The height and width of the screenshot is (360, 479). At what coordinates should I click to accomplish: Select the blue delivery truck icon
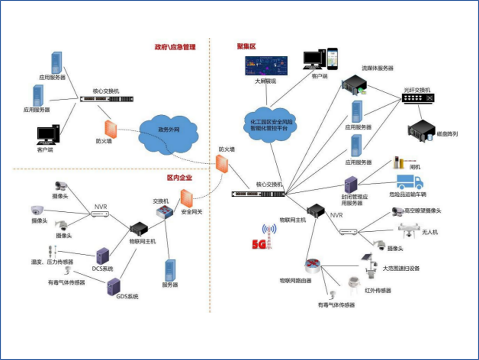409,182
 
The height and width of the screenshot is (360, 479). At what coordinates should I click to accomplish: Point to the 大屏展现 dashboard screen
267,66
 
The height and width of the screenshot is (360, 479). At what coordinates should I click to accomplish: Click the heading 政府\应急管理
175,47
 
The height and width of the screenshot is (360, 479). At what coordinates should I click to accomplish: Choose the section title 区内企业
180,178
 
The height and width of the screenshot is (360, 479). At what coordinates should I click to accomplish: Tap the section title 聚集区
247,46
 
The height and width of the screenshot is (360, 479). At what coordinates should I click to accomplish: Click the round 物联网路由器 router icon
313,266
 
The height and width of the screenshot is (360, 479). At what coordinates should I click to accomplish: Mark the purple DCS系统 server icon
103,255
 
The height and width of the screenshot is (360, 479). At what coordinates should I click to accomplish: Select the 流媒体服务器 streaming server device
355,85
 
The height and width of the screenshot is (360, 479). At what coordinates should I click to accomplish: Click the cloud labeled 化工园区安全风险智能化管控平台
271,124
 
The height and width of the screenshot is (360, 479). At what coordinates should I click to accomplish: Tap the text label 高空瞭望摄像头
423,211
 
